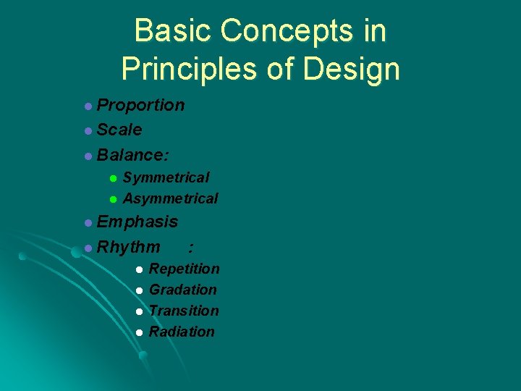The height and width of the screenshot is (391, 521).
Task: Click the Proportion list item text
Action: coord(140,106)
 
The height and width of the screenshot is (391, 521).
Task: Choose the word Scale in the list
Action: coord(119,130)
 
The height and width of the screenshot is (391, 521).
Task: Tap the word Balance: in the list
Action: coord(133,155)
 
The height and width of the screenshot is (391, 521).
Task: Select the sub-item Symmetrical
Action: coord(166,177)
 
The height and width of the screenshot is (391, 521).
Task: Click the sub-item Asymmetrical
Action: coord(170,198)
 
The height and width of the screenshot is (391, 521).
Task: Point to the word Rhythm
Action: coord(129,248)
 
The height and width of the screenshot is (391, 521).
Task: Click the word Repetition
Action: coord(184,269)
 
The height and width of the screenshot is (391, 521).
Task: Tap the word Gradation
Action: coord(182,290)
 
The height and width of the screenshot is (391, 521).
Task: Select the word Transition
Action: coord(184,311)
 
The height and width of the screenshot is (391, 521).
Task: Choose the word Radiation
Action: coord(182,332)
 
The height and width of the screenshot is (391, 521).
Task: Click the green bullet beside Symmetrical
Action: coord(113,178)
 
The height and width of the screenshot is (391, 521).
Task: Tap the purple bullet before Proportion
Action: coord(88,106)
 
